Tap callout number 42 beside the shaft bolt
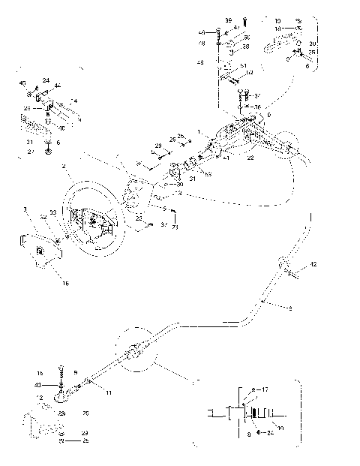click(313, 264)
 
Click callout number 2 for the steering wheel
click(66, 165)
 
